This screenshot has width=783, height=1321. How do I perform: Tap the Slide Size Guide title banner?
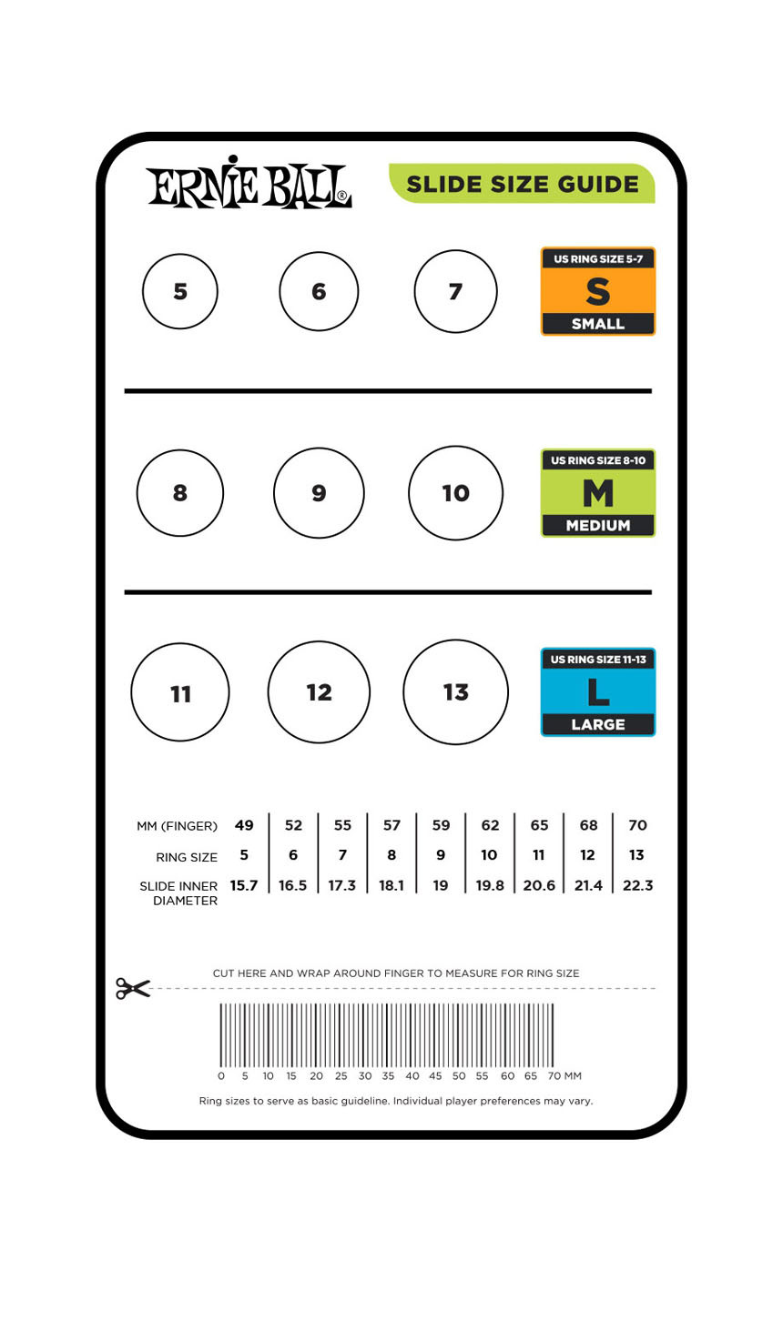tap(522, 184)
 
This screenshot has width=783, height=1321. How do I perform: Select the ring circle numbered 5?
tap(180, 291)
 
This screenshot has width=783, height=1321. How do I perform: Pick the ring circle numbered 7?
tap(455, 291)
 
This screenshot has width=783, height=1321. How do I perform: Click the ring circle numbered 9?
tap(319, 493)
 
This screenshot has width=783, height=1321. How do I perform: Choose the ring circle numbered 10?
tap(455, 493)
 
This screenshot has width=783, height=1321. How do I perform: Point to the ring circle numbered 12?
tap(319, 692)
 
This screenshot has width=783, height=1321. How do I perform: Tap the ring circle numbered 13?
tap(455, 692)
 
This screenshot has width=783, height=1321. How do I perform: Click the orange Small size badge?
tap(597, 291)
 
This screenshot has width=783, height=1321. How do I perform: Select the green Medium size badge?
tap(597, 493)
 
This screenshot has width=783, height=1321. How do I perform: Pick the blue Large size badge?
tap(597, 692)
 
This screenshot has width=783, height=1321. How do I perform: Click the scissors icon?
tap(133, 988)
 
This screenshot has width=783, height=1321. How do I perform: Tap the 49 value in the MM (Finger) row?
tap(244, 825)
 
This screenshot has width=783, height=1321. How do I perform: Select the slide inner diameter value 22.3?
tap(637, 885)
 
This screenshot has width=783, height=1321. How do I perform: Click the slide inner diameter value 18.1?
tap(391, 885)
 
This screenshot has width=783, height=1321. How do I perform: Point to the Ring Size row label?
tap(187, 857)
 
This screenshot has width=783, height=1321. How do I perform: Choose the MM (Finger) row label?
tap(178, 826)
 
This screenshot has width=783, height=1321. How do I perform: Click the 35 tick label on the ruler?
tap(388, 1076)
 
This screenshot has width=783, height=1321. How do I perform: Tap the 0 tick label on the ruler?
tap(221, 1076)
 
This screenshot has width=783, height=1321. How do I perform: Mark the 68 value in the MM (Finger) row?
tap(588, 825)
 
